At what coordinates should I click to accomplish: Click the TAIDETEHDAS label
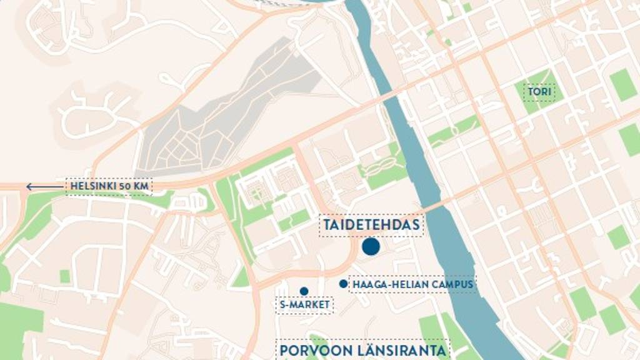click(x=371, y=225)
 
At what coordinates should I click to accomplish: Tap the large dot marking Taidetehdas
click(x=371, y=247)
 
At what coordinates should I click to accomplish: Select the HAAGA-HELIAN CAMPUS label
click(x=412, y=285)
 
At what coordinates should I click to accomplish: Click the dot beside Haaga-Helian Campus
click(x=343, y=284)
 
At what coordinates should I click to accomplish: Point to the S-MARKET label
click(x=304, y=305)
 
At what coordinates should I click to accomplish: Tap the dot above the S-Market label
click(x=304, y=291)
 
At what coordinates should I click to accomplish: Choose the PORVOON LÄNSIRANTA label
click(x=363, y=351)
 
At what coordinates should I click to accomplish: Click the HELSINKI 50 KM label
click(x=109, y=186)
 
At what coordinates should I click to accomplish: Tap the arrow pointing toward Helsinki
click(x=44, y=186)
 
